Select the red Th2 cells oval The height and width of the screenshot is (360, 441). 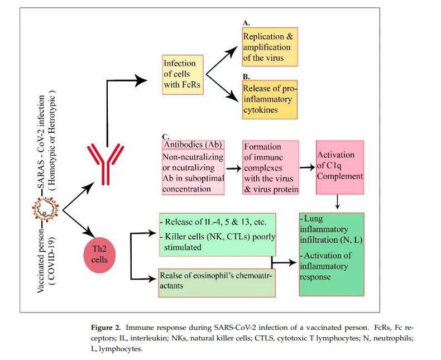pos(99,255)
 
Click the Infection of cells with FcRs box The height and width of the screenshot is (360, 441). pos(183,75)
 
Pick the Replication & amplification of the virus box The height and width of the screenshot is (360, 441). pos(270,47)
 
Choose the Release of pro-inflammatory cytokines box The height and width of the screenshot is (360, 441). pos(270,99)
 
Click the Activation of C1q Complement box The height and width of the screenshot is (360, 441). pos(340,167)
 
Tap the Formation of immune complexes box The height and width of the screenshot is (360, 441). pos(271,167)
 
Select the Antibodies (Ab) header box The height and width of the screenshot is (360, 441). pos(193,145)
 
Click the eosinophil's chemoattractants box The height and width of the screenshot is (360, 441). pos(217,282)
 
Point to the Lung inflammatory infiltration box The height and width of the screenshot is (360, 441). pos(332,255)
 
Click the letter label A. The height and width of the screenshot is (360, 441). pos(246,23)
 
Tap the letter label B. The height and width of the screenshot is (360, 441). pos(246,76)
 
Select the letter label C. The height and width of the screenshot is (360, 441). pos(166,137)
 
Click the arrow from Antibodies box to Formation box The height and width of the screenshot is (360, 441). pos(234,169)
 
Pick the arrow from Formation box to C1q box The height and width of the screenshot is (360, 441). pos(307,167)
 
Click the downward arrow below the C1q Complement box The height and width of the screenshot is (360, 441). pos(338,202)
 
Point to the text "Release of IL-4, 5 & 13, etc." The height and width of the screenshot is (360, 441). pos(215,222)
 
